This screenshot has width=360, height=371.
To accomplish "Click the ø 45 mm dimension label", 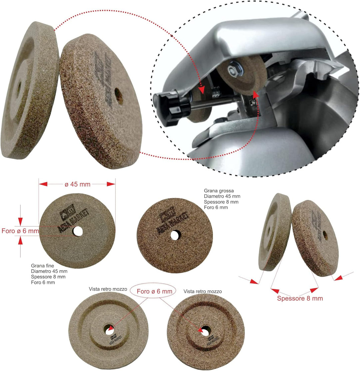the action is click(78, 184).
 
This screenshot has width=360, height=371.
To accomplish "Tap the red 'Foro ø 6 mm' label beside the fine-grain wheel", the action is click(20, 231).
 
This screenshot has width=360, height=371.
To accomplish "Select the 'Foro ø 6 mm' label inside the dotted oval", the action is click(154, 291).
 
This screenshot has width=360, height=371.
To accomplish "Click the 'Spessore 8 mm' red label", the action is click(300, 298).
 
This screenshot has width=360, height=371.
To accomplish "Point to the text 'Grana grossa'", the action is click(219, 191).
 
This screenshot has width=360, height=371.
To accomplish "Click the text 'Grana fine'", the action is click(42, 266).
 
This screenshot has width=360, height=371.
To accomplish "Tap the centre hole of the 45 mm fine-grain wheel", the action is click(78, 231).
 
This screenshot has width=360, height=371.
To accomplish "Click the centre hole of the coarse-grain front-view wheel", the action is click(175, 235).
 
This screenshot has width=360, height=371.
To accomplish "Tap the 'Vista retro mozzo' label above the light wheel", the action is click(108, 289).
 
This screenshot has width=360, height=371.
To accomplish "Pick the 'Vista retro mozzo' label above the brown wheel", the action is click(202, 291).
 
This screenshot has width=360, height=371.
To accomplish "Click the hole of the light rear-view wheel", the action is click(109, 330).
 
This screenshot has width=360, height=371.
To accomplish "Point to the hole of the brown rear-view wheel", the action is click(205, 331).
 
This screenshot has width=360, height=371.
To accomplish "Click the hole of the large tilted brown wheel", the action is click(119, 96).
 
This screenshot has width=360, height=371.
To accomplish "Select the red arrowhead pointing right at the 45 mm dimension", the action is click(111, 184).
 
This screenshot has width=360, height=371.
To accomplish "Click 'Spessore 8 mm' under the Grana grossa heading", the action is click(221, 202).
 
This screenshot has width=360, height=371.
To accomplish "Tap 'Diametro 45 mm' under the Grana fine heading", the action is click(49, 271).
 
